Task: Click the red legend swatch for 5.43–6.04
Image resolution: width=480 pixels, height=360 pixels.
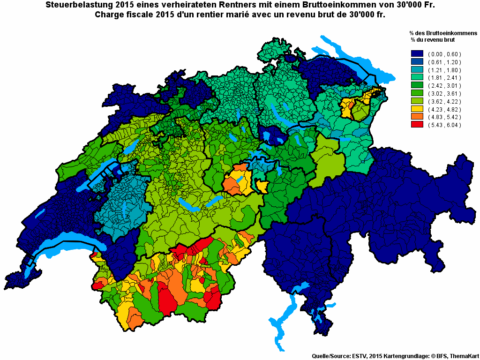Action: pyautogui.click(x=417, y=125)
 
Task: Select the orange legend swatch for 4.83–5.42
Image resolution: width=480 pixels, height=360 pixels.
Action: pyautogui.click(x=417, y=117)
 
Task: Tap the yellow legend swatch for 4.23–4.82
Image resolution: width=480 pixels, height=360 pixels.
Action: pyautogui.click(x=417, y=109)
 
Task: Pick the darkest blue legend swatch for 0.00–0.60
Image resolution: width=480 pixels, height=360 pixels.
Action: pyautogui.click(x=417, y=54)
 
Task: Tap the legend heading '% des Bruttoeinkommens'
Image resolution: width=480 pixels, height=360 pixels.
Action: pyautogui.click(x=442, y=34)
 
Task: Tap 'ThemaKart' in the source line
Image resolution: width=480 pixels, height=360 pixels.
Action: pyautogui.click(x=462, y=356)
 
